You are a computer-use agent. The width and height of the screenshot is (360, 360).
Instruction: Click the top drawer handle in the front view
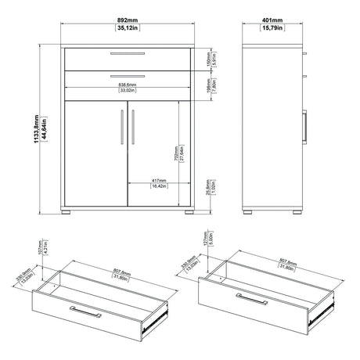[128, 54]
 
